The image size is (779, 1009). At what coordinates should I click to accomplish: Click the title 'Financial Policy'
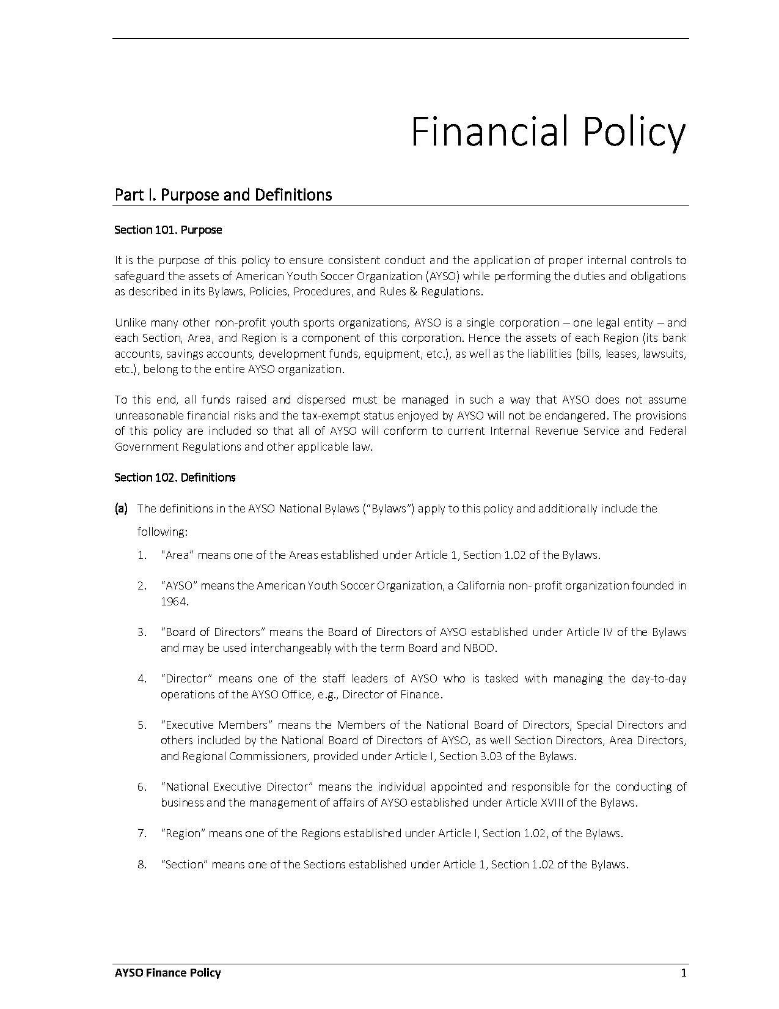coord(548,131)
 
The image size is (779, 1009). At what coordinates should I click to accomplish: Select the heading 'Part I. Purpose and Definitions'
coord(223,195)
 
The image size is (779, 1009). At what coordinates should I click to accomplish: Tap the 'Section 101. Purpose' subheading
coord(168,230)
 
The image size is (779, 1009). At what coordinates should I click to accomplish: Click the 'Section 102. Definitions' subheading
coord(175,478)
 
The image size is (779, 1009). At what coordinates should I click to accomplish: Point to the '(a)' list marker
coord(121,508)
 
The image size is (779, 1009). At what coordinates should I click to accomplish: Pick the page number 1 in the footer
coord(684,973)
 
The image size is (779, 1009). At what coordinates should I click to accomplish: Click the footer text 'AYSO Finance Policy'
coord(167,973)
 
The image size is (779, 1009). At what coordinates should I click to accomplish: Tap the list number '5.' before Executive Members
coord(142,725)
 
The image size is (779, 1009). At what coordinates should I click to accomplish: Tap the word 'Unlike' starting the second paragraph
coord(130,322)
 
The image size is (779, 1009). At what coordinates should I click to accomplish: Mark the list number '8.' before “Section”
coord(142,864)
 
